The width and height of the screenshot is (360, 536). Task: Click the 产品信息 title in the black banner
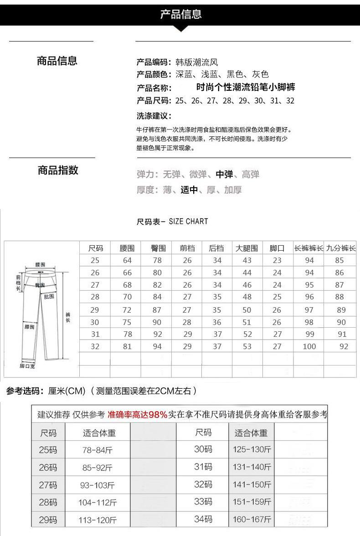[180, 14]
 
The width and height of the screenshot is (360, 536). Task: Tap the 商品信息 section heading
[57, 61]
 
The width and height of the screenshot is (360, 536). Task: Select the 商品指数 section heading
[58, 170]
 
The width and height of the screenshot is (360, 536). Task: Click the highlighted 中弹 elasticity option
[224, 175]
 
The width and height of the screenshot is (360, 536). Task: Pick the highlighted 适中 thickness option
[189, 190]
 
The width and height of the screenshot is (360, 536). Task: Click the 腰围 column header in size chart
[127, 248]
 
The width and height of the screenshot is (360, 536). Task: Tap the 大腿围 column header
[247, 248]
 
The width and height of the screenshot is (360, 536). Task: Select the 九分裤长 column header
[341, 248]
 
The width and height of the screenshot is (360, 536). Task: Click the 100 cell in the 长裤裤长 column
[309, 346]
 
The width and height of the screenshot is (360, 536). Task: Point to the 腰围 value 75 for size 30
[127, 322]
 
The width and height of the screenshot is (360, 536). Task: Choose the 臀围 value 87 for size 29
[157, 310]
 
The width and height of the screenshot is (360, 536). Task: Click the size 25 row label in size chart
[95, 261]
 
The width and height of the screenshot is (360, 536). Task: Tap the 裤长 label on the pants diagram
[68, 318]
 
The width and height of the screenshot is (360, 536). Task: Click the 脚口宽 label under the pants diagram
[27, 366]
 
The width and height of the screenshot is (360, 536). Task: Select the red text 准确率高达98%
[137, 415]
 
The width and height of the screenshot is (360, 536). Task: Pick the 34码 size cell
[203, 519]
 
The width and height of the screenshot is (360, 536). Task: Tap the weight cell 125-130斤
[252, 450]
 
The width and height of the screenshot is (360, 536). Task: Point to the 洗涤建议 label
[154, 116]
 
